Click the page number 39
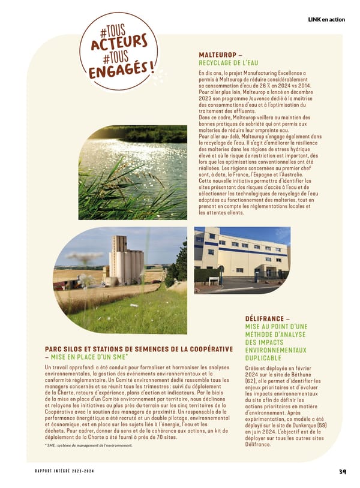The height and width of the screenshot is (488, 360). (x=342, y=471)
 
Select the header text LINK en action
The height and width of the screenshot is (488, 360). (x=326, y=20)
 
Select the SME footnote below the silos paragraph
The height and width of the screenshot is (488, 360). (x=88, y=445)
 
